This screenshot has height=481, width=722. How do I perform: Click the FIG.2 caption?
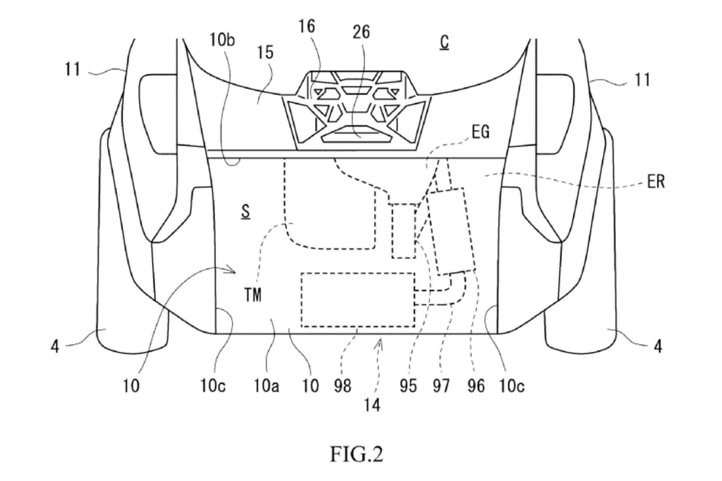(x=356, y=454)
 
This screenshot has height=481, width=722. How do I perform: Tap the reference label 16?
(x=307, y=27)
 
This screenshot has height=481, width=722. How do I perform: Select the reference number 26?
(x=361, y=32)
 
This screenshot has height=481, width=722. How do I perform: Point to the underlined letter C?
(x=444, y=43)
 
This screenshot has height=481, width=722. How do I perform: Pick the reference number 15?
(x=265, y=53)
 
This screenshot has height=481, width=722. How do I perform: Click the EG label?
(x=480, y=132)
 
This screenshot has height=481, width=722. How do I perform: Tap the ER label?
(x=656, y=182)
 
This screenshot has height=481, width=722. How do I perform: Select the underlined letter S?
(x=246, y=212)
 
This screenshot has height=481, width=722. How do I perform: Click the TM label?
(x=253, y=295)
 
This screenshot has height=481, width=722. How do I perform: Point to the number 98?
(x=342, y=386)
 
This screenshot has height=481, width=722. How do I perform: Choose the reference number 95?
(x=408, y=386)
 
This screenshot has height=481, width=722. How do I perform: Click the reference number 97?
(x=441, y=386)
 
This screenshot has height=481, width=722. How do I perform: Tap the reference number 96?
(x=476, y=386)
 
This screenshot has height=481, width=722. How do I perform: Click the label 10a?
(x=266, y=386)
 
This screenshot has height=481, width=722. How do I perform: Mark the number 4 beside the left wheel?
(x=55, y=346)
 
